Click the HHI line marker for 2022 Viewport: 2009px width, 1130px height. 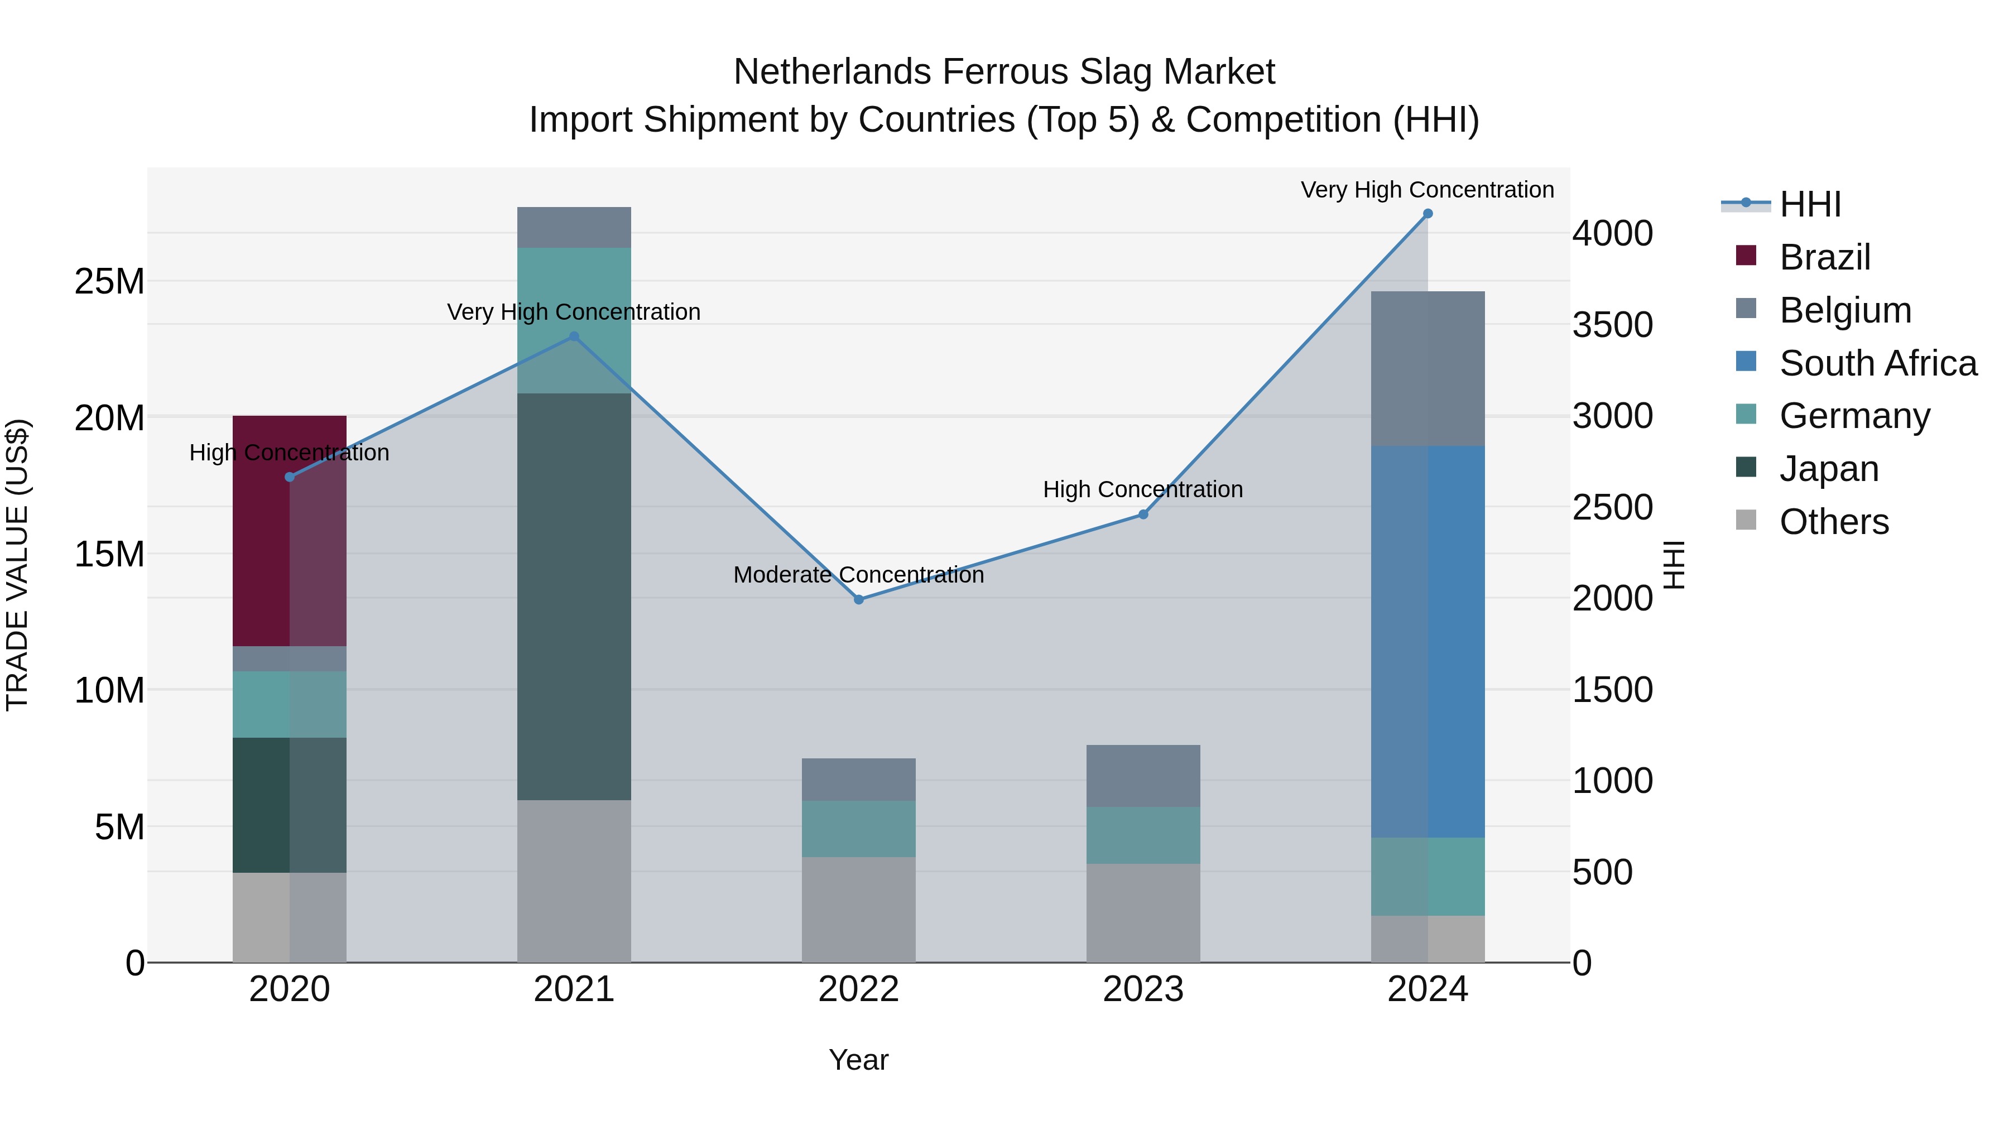(x=859, y=600)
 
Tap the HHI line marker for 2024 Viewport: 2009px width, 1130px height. (x=1427, y=214)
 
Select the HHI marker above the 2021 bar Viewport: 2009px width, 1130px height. (x=574, y=336)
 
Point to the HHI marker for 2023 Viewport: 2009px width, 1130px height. (x=1143, y=514)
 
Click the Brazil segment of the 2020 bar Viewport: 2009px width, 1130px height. (x=289, y=530)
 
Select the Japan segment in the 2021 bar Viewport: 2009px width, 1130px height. (x=574, y=597)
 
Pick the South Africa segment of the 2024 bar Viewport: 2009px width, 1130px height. (x=1427, y=641)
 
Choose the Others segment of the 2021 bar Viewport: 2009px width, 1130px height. (x=574, y=881)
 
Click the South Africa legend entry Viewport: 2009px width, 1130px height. (x=1878, y=363)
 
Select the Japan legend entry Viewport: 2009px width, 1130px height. (x=1828, y=469)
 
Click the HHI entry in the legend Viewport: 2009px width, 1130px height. (x=1809, y=204)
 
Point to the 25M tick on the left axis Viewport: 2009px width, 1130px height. (x=109, y=282)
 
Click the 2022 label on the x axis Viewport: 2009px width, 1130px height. (x=859, y=989)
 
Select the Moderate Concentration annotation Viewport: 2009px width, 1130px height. (x=859, y=575)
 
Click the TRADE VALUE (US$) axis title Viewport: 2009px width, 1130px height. (x=18, y=565)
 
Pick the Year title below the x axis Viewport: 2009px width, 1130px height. (x=859, y=1060)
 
